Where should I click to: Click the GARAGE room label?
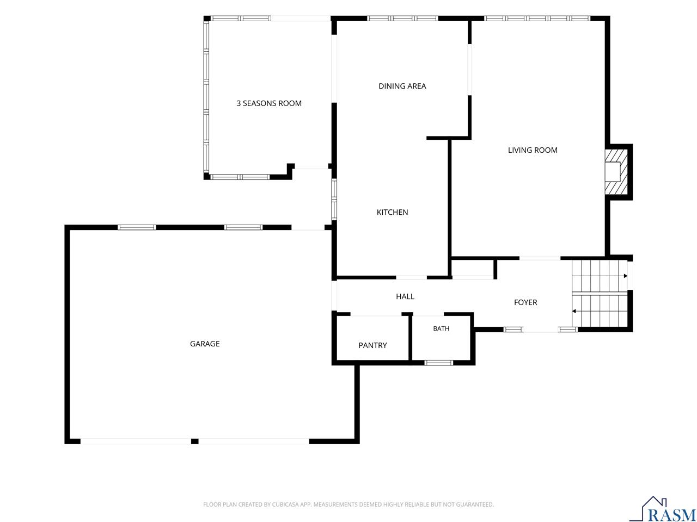pos(205,344)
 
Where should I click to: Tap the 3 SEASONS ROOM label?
pos(268,103)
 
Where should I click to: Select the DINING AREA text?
pos(402,86)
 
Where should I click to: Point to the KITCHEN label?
pos(392,212)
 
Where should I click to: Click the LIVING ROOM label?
pos(533,150)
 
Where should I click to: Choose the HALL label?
pos(405,296)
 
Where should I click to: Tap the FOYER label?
pos(525,302)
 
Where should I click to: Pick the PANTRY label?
pos(372,345)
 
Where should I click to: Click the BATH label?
pos(441,328)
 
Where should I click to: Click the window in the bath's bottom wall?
pos(438,363)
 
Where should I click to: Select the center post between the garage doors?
pos(194,441)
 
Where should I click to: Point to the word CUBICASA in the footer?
pos(285,504)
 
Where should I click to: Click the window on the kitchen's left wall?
pos(334,200)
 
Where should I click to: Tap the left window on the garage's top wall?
pos(137,227)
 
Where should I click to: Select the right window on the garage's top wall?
pos(243,227)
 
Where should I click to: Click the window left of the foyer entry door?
pos(513,330)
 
